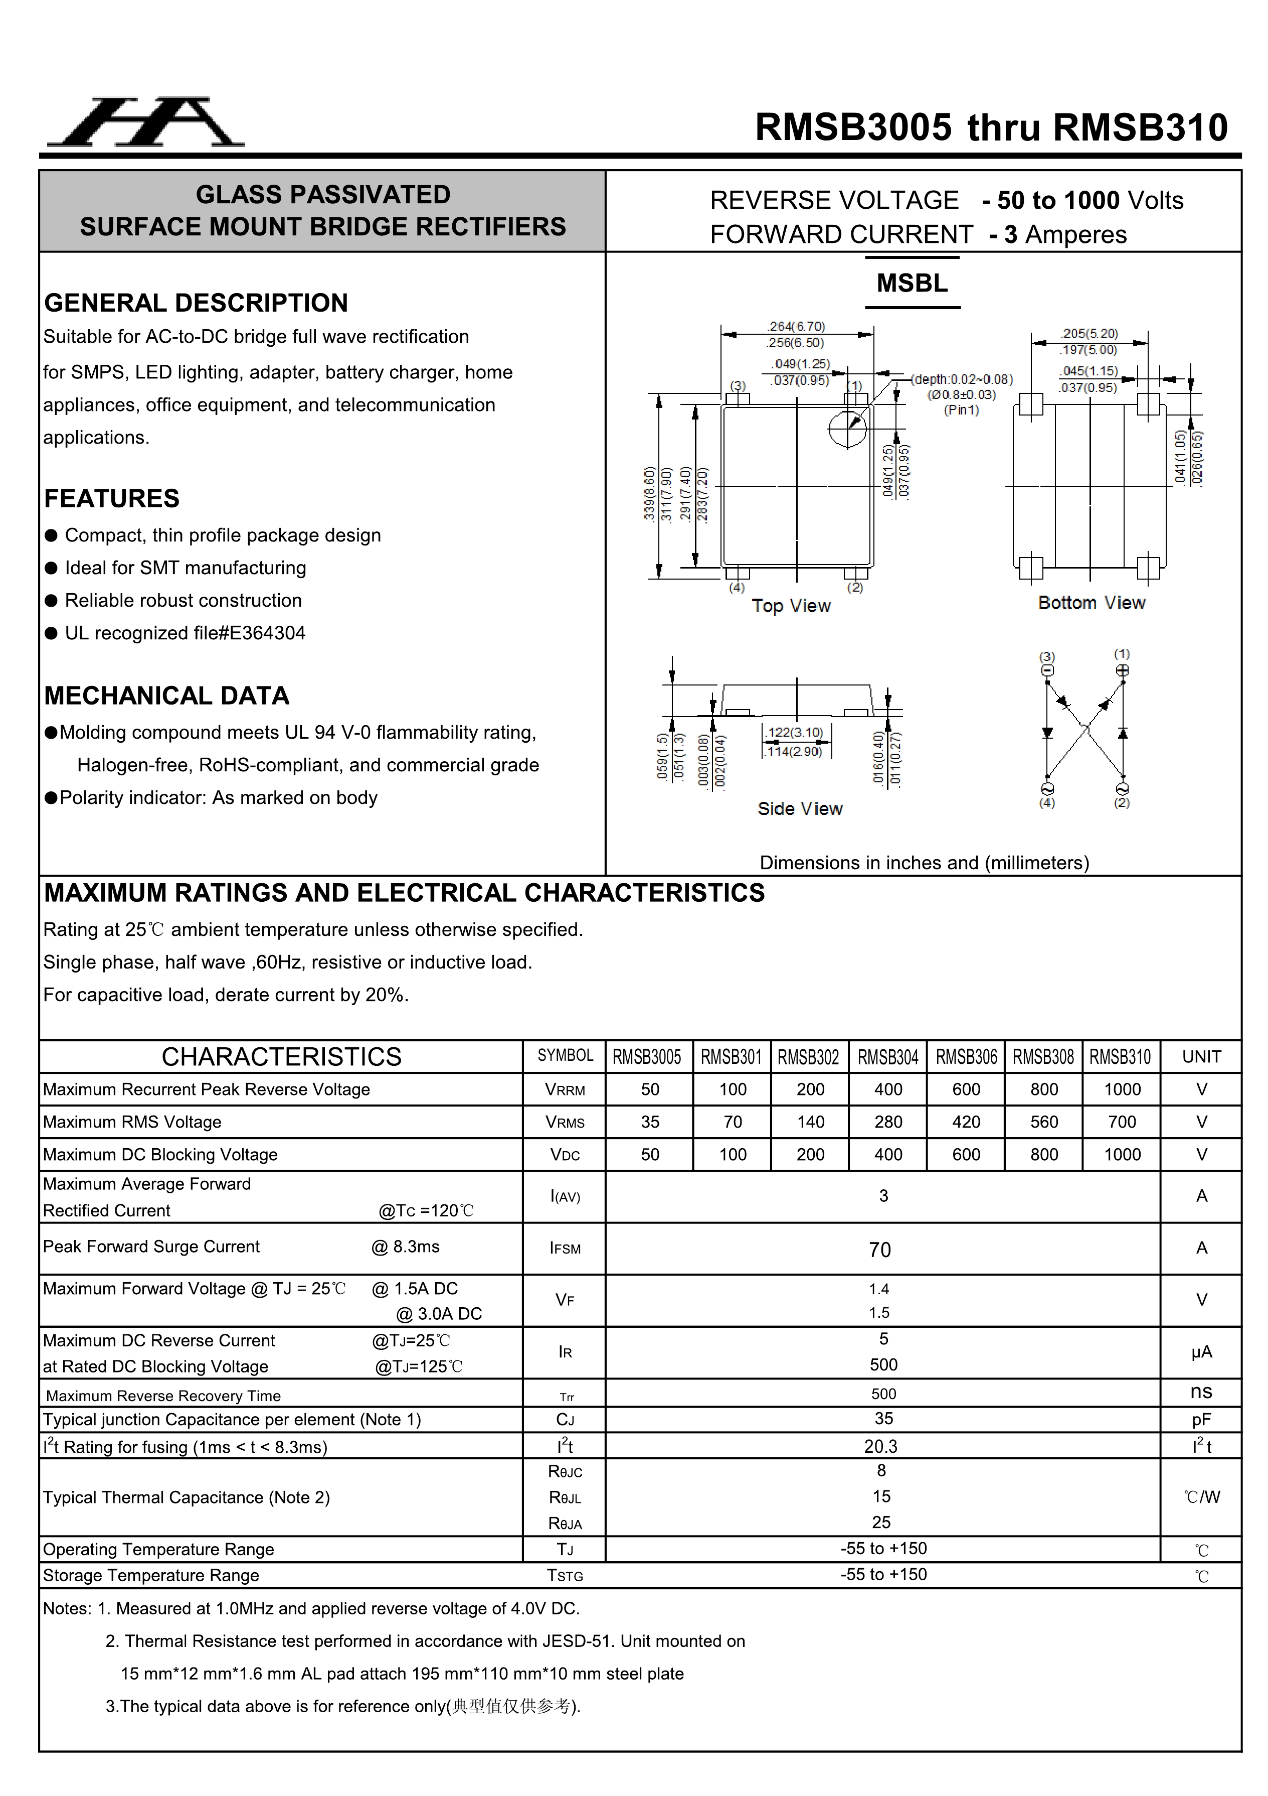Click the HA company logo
(146, 123)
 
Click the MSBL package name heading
(912, 283)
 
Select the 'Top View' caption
(791, 606)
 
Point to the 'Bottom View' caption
(1092, 603)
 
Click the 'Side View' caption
(800, 809)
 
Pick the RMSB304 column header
(888, 1057)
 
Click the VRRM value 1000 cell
(1122, 1089)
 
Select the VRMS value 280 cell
(888, 1123)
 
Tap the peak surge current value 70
(880, 1250)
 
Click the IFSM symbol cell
(565, 1249)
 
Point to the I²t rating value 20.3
(881, 1447)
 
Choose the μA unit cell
(1201, 1352)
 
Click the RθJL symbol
(565, 1498)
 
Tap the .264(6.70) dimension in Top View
(796, 326)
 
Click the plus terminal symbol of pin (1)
(1122, 670)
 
